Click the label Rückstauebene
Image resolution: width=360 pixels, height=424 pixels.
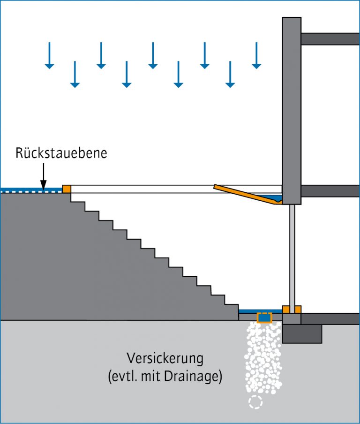click(61, 153)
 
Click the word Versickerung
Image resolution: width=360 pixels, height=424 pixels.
click(165, 359)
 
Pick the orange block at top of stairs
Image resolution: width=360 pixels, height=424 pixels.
click(67, 189)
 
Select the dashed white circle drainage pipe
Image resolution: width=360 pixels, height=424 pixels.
click(255, 401)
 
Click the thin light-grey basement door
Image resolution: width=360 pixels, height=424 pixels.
click(292, 256)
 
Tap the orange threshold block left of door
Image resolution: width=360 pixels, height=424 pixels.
click(286, 310)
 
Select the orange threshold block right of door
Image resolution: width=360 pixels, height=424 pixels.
click(298, 310)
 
